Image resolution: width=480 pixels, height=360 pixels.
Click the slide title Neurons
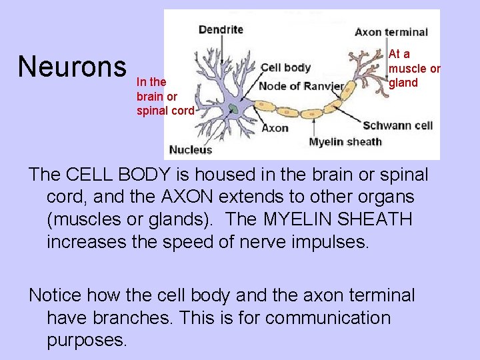[x=72, y=67]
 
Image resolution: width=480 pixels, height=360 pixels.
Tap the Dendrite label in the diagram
[x=221, y=29]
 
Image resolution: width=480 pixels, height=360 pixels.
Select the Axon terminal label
[x=391, y=32]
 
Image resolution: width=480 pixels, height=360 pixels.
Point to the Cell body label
[x=285, y=67]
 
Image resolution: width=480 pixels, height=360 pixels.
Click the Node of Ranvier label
[x=301, y=86]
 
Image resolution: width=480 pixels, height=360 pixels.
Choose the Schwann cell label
[x=398, y=125]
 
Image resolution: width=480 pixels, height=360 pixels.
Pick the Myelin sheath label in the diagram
[x=345, y=141]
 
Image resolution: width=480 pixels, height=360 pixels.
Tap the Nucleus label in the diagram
[x=191, y=149]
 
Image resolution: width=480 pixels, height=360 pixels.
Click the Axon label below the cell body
[x=275, y=127]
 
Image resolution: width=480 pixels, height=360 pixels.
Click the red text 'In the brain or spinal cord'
[x=165, y=96]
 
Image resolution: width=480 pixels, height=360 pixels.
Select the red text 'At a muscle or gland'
[x=414, y=68]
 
